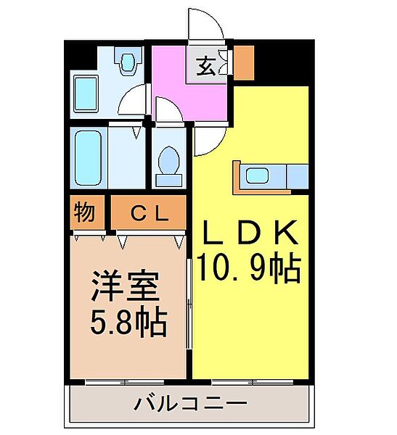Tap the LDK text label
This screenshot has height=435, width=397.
point(249,234)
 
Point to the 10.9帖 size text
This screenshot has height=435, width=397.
point(249,270)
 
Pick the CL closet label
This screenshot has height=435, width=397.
point(150,213)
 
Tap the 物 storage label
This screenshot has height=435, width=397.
point(85,213)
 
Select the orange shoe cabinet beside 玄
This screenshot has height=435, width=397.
point(243,63)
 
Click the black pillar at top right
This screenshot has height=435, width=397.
point(282,64)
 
